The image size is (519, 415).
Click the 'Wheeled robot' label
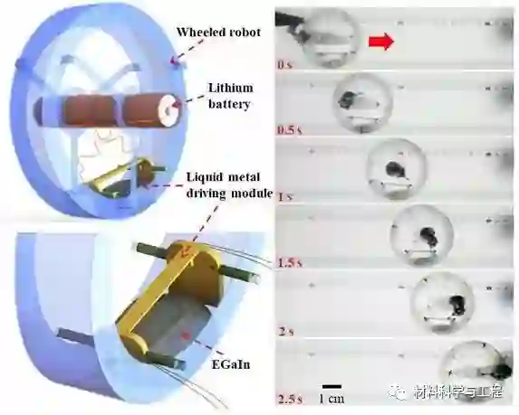tap(218, 32)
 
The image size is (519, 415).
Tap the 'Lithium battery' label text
tap(229, 96)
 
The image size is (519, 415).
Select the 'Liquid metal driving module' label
tap(229, 185)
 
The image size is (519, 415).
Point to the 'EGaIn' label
tap(231, 364)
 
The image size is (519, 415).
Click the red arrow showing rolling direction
tap(381, 42)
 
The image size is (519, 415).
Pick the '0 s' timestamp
tap(285, 65)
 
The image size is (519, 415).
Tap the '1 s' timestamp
tap(285, 197)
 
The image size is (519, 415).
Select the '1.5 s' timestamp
tap(290, 263)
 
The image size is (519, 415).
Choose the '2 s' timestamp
tap(286, 332)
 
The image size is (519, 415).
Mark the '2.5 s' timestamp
tap(290, 399)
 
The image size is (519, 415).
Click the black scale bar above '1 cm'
tap(332, 386)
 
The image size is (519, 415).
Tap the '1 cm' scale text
tap(332, 399)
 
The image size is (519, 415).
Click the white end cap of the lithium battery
tap(169, 110)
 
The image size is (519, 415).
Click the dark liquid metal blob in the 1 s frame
tap(395, 169)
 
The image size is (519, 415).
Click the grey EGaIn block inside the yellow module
tap(168, 322)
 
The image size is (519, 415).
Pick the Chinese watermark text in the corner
tap(458, 391)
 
